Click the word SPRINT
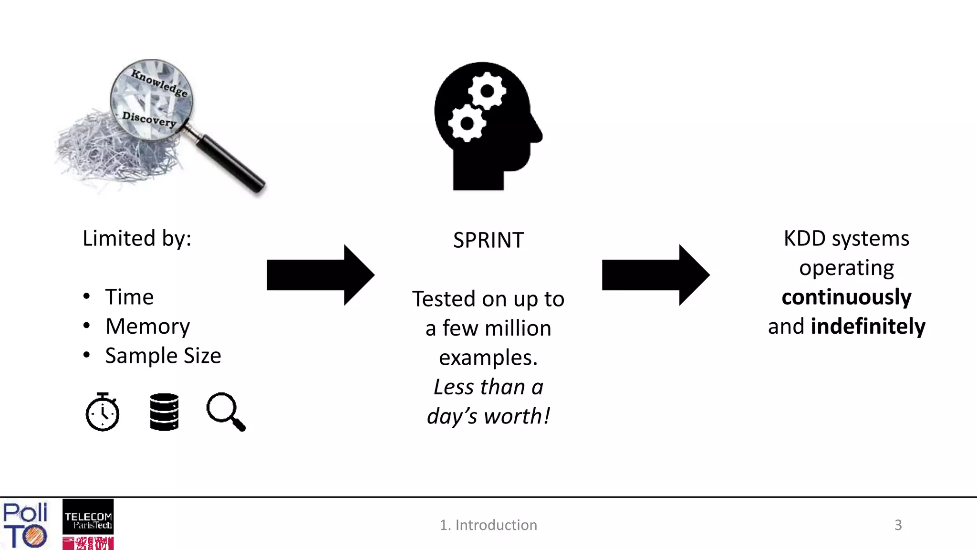488,240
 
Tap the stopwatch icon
103,412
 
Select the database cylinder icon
164,412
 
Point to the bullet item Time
129,297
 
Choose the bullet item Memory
147,327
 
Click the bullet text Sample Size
163,356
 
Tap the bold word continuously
846,297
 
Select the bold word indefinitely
868,327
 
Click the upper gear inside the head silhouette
487,91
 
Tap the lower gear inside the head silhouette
467,123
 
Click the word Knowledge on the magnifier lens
159,83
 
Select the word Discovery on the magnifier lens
149,119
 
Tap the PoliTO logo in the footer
25,525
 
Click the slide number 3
898,525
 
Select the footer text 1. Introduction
488,525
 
